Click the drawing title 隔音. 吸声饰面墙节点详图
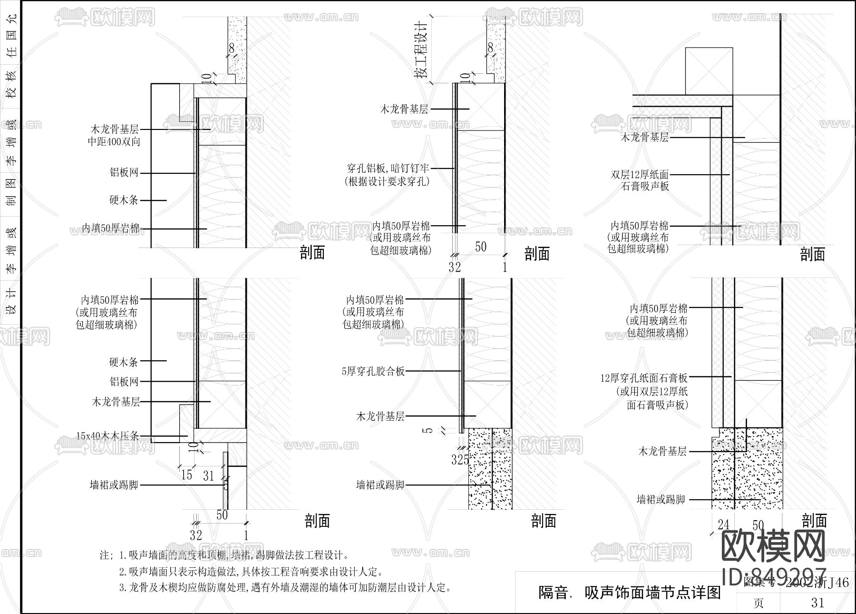pos(629,593)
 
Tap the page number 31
pos(817,603)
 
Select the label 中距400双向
pos(114,142)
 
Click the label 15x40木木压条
pos(108,436)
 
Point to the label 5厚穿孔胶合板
pos(373,371)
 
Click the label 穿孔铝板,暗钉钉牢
pos(388,168)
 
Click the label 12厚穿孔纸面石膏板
pos(643,378)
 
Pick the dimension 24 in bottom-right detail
pos(723,525)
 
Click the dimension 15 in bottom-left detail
pos(186,475)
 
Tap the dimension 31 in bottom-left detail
pos(208,475)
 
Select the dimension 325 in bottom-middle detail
pos(460,460)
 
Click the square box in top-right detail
pos(709,71)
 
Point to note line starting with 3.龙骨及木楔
pos(284,587)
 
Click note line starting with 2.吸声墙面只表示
pos(251,571)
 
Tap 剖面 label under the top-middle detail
pos(537,254)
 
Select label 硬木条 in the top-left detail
pos(124,200)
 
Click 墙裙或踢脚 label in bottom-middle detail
pos(380,485)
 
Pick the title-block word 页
pos(759,603)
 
